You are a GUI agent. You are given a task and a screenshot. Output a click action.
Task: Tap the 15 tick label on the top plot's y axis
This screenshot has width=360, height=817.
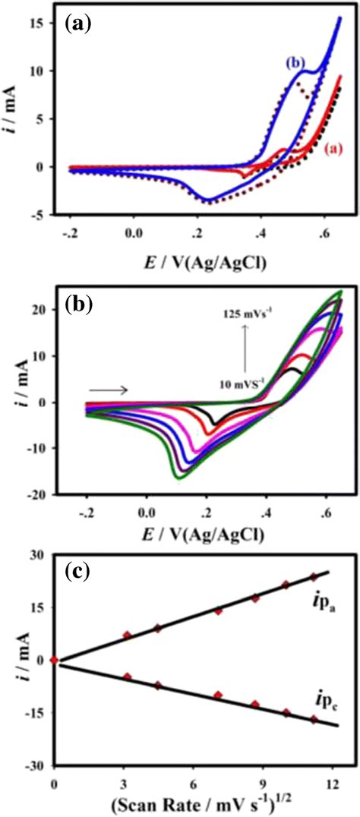(39, 24)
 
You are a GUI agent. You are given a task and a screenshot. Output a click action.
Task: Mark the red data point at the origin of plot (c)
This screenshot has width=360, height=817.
(54, 660)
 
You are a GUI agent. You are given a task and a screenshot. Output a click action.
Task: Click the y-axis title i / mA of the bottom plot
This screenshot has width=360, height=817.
(14, 660)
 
